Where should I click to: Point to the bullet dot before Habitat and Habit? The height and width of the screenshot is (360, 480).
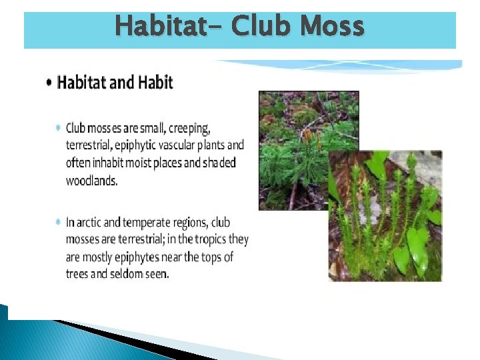51,83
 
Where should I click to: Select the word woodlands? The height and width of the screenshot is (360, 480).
91,181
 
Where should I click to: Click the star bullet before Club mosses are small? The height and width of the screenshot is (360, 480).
59,127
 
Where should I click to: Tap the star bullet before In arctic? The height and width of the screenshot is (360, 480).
59,221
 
